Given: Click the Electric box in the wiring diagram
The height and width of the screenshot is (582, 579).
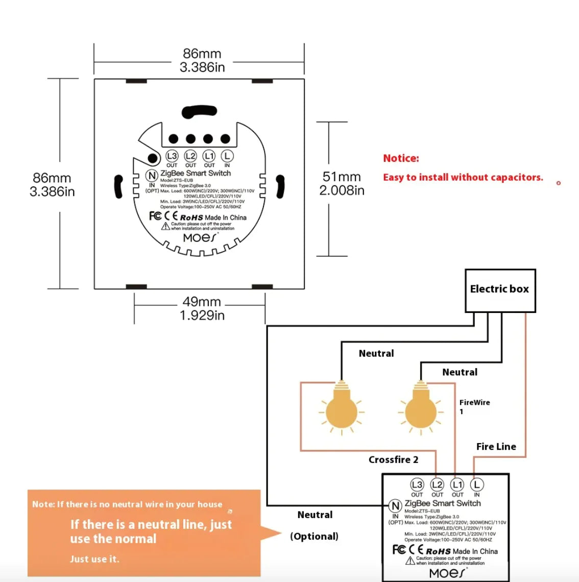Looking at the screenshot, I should coord(500,290).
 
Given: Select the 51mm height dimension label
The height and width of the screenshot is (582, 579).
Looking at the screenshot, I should coord(342,183).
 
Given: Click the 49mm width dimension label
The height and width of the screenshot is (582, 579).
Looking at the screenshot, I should coord(202,308).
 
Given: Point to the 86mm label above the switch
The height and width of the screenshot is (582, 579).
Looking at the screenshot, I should coord(202,60).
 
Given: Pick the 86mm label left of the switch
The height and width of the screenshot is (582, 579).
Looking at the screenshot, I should coord(52,184).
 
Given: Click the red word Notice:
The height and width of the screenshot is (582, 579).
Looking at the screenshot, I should coord(401,158).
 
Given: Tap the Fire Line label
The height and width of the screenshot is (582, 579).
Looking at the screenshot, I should coord(496,447).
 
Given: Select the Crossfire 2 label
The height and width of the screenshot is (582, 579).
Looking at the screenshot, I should coord(393,460).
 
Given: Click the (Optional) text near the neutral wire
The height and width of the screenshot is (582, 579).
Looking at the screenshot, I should coord(315,536).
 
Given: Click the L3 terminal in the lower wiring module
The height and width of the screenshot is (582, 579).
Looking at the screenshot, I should coord(417,484).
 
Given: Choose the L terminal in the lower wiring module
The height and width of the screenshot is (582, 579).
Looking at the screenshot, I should coord(476,484).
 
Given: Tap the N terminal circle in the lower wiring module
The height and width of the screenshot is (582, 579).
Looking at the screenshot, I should coord(395,506).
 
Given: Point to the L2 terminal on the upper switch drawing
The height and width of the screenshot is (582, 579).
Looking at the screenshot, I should coord(190,156).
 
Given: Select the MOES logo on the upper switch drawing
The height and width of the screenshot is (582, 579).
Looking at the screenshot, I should coord(200,238).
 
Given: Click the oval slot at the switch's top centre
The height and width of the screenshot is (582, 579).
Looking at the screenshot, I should coord(199,112).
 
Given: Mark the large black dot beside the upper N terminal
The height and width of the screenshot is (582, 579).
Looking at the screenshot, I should coord(152,158).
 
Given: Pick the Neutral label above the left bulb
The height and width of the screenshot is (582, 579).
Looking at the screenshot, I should coord(376,353).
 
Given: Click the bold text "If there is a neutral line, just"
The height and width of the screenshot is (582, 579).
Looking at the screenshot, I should coord(151,524).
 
